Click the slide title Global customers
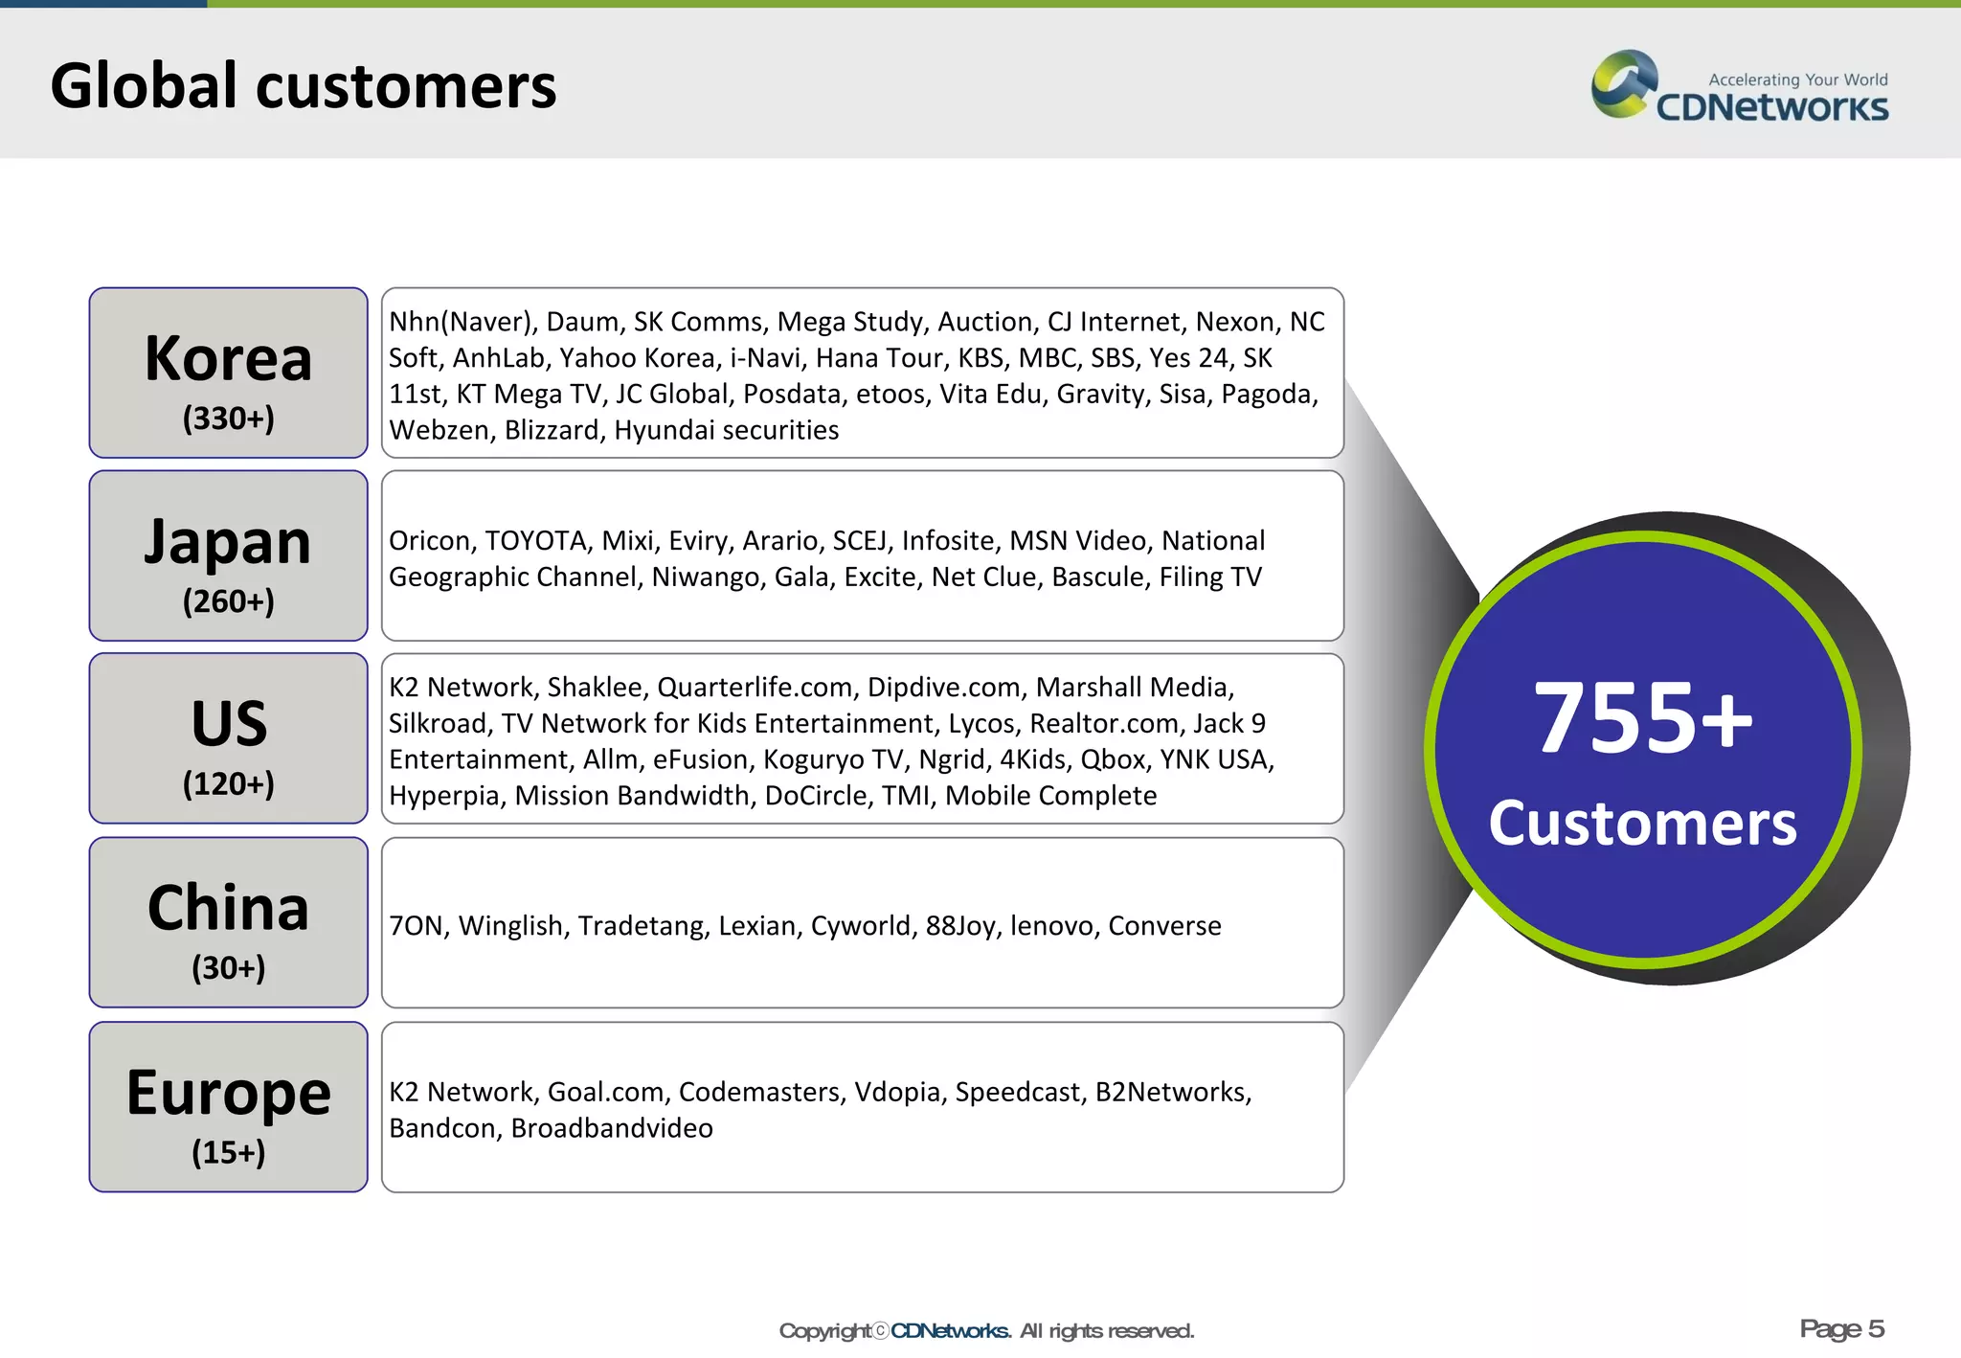click(x=303, y=86)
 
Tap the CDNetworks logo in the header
click(x=1739, y=88)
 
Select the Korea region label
click(x=228, y=359)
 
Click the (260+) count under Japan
click(x=228, y=601)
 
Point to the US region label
click(x=228, y=723)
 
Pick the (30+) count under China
click(x=228, y=967)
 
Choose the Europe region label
click(x=228, y=1093)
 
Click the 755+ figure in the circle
click(x=1643, y=717)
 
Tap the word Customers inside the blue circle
click(x=1643, y=824)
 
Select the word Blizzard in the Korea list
click(x=552, y=431)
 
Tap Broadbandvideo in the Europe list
click(x=611, y=1128)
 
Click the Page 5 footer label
click(x=1841, y=1328)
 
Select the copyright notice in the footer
click(x=986, y=1330)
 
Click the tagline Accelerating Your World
click(x=1797, y=79)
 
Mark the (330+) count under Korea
click(x=228, y=419)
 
